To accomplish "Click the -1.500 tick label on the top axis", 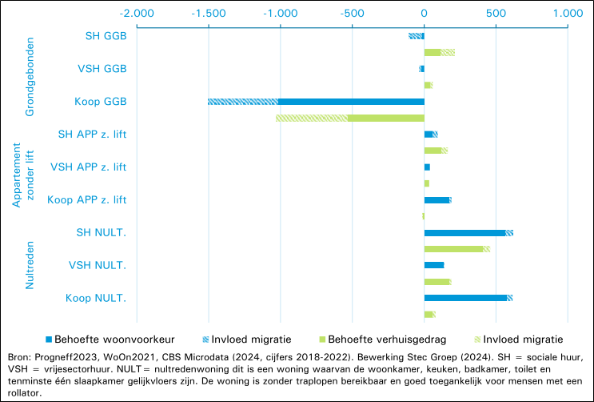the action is [x=209, y=14].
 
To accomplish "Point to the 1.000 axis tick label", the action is [x=568, y=14].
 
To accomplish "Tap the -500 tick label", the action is [x=352, y=14].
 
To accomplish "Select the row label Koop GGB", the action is [x=101, y=102].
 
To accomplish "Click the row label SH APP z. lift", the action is [x=92, y=135].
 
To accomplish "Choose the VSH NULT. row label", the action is [x=98, y=265].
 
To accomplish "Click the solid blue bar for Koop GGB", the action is [x=351, y=102].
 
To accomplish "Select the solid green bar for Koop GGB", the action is [x=386, y=118].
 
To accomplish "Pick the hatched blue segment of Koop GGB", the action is [x=243, y=102].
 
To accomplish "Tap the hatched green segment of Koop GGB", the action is [x=312, y=118].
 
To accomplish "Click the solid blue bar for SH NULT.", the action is [x=464, y=233].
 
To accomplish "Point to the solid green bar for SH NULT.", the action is [x=453, y=249].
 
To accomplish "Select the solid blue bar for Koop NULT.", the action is [x=465, y=298].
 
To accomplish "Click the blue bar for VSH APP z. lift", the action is [x=427, y=167].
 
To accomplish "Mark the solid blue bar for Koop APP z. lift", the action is [x=437, y=200].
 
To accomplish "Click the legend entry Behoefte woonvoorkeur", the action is [x=110, y=340].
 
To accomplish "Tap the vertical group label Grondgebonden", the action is [x=30, y=77].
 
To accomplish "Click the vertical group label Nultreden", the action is [x=30, y=265].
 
